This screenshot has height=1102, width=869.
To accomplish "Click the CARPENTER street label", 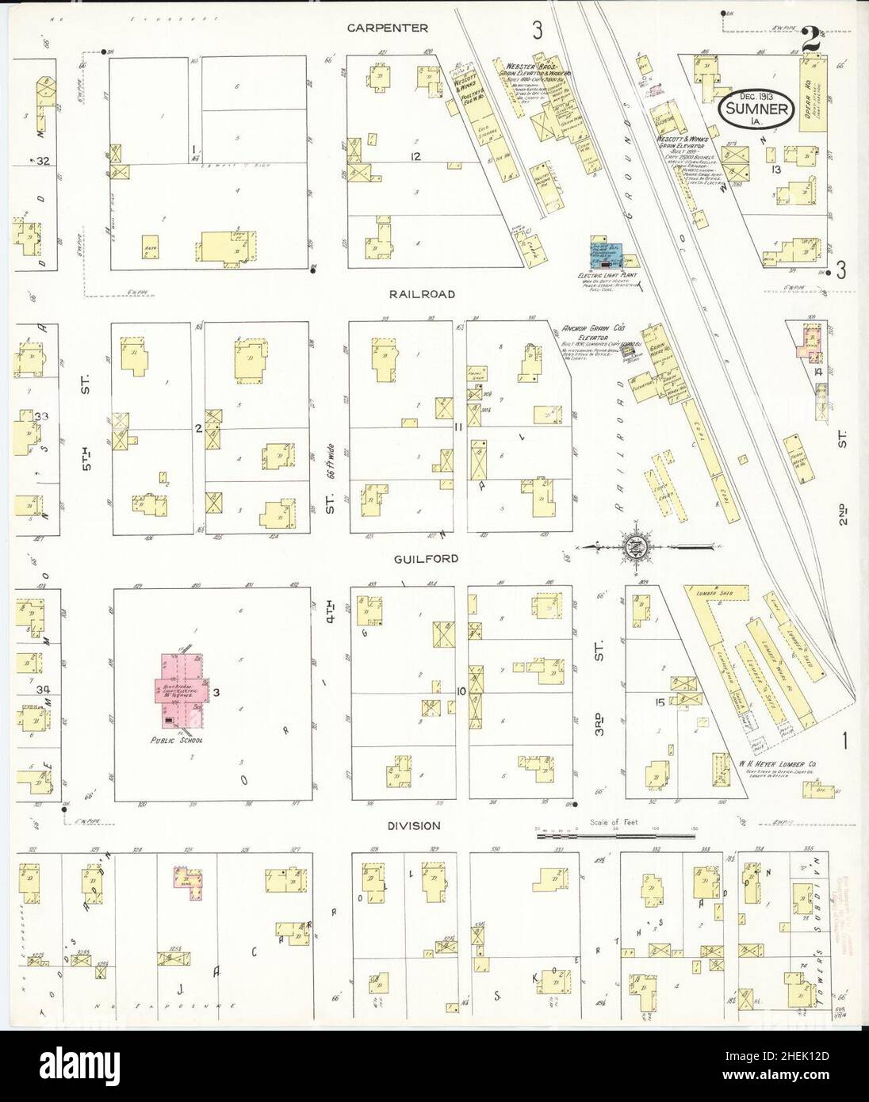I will (x=389, y=28).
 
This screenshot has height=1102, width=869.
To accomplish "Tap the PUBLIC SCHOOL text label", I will (x=182, y=740).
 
